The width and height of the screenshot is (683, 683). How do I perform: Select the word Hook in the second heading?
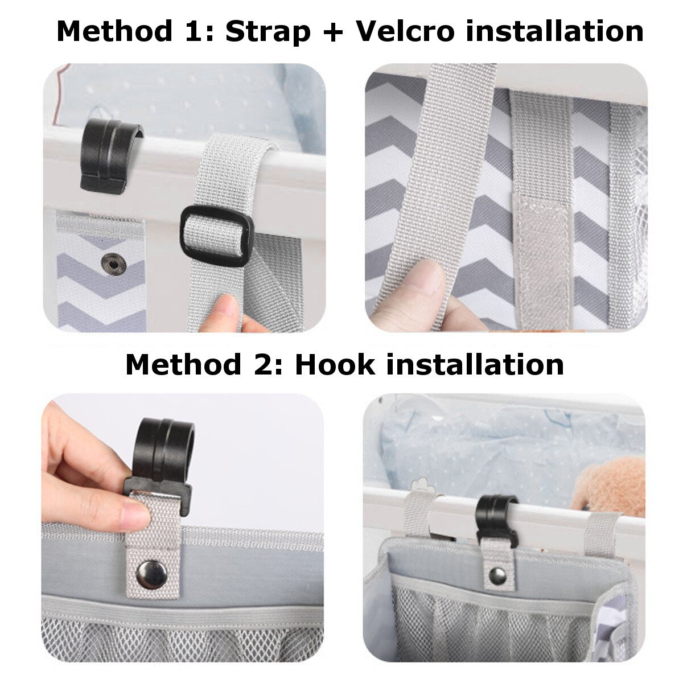pyautogui.click(x=335, y=364)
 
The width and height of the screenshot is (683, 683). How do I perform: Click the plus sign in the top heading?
pyautogui.click(x=333, y=32)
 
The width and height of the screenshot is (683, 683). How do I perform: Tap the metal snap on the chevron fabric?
pyautogui.click(x=111, y=262)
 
